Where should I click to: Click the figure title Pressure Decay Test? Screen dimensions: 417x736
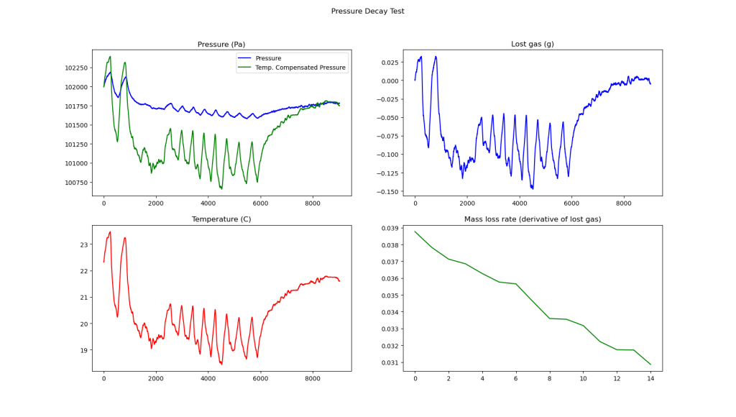point(367,12)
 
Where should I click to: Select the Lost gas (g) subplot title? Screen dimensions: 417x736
point(532,45)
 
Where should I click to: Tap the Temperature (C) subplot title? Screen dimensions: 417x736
point(221,219)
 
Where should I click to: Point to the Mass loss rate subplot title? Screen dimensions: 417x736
point(533,219)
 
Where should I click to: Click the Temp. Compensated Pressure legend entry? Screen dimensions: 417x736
point(291,68)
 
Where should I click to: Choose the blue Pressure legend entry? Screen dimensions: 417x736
point(267,58)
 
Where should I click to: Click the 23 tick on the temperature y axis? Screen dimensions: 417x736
point(83,244)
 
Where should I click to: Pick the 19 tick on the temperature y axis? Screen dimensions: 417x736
point(83,350)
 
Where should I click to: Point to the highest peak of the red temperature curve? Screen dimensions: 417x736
point(110,232)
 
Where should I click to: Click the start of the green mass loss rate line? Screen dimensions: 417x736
point(415,232)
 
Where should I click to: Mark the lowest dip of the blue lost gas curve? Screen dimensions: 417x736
point(533,188)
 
